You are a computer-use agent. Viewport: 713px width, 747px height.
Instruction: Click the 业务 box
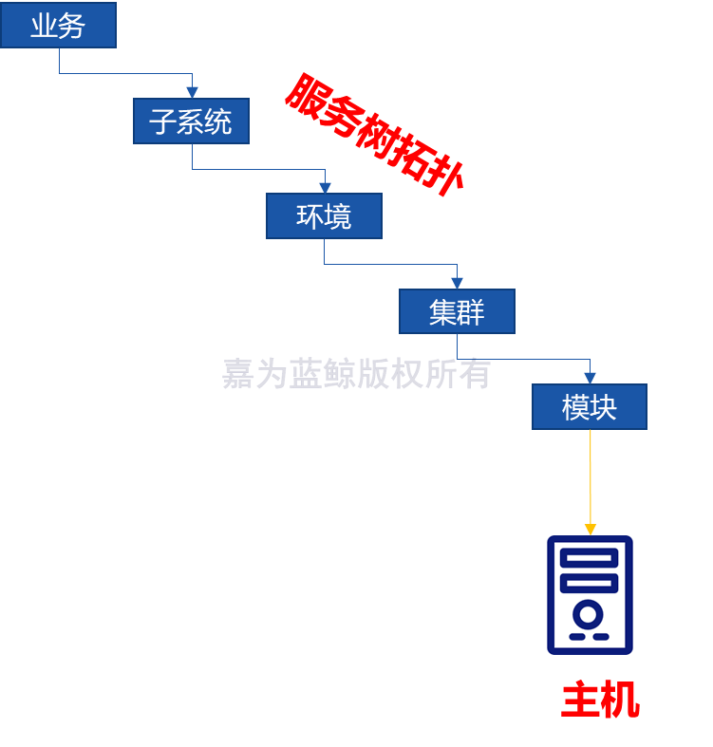pos(58,26)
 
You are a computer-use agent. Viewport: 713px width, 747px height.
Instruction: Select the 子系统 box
pos(191,121)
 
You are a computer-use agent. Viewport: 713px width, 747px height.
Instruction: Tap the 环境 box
pos(324,216)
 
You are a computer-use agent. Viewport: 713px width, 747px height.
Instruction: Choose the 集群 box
pos(457,311)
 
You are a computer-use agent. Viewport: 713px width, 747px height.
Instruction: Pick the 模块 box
pos(590,407)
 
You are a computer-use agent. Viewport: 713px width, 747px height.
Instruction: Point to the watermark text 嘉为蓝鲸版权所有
pos(356,374)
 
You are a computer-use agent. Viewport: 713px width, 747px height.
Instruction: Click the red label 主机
pos(600,700)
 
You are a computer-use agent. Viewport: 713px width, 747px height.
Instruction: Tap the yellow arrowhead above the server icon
pos(591,529)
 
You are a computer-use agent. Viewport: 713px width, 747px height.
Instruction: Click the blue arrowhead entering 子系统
pos(192,92)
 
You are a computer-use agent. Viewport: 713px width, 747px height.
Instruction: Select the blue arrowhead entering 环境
pos(325,187)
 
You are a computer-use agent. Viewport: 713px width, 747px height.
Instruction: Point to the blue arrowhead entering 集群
pos(457,283)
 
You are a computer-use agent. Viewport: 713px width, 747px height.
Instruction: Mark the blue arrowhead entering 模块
pos(590,378)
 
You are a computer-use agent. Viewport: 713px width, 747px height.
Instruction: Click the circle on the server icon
pos(589,614)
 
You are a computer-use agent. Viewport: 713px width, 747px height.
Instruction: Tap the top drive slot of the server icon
pos(589,558)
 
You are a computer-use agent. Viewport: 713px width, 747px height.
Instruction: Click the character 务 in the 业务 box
pos(72,26)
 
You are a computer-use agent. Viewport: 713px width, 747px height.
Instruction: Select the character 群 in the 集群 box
pos(471,311)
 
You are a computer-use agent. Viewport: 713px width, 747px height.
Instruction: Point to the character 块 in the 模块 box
pos(604,407)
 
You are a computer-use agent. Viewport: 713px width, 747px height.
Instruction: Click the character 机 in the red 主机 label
pos(620,700)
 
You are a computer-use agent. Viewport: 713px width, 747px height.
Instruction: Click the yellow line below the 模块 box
pos(591,475)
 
